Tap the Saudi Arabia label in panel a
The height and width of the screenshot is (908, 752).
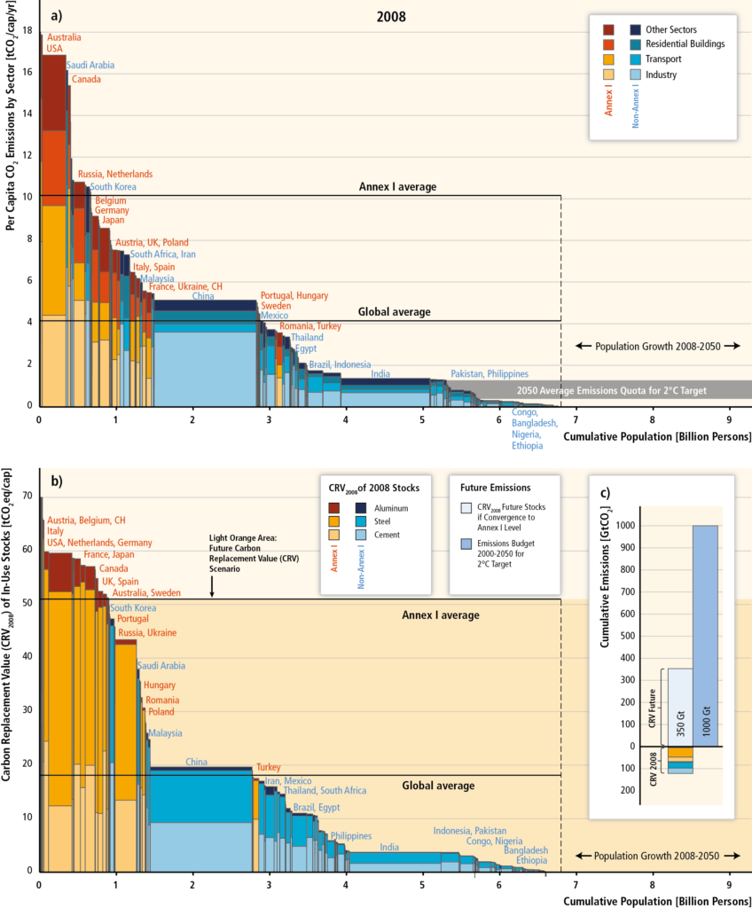click(x=90, y=65)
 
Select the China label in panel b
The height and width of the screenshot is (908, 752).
click(x=197, y=762)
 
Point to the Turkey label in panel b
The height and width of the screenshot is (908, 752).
click(x=270, y=767)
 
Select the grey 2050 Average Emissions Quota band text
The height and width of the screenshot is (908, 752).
click(x=615, y=390)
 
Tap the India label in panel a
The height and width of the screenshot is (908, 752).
click(x=380, y=373)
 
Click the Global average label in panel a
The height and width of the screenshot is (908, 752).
click(x=395, y=312)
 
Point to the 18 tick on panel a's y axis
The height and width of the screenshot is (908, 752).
click(x=27, y=31)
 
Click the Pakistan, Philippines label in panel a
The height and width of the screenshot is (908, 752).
click(x=490, y=373)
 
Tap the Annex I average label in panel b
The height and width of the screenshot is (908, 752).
click(x=441, y=614)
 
